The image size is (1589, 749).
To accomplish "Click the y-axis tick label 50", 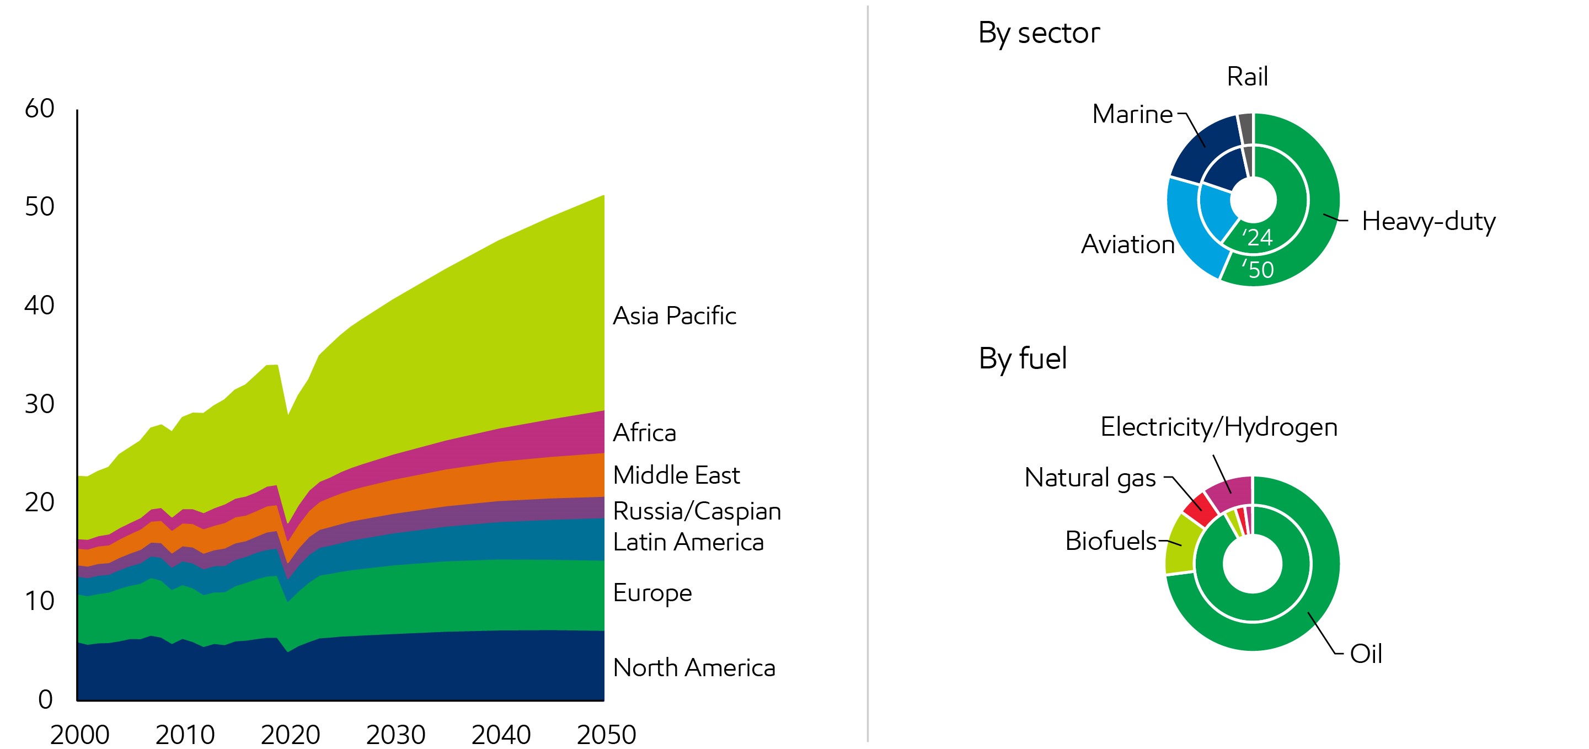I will (x=40, y=207).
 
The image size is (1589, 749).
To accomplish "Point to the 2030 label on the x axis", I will (x=395, y=734).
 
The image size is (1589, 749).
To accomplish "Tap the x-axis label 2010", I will (x=184, y=734).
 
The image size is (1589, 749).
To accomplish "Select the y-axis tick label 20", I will (x=40, y=502).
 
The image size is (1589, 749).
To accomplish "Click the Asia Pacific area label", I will (x=674, y=316).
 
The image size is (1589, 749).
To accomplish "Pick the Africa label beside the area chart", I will (x=644, y=432).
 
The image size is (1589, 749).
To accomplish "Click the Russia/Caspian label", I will (x=697, y=511).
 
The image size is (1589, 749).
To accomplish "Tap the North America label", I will (x=693, y=667).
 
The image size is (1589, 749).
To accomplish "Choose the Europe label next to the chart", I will (x=652, y=593).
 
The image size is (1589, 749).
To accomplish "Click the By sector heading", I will (x=1039, y=33).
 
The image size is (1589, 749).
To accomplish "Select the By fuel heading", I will (x=1022, y=359).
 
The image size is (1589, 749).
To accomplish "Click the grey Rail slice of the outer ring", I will (x=1245, y=128).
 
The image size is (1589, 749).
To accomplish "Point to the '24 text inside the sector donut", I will (x=1257, y=238).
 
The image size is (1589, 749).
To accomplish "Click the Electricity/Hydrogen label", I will (x=1218, y=427).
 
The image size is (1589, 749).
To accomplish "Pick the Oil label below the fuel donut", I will (x=1365, y=654).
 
